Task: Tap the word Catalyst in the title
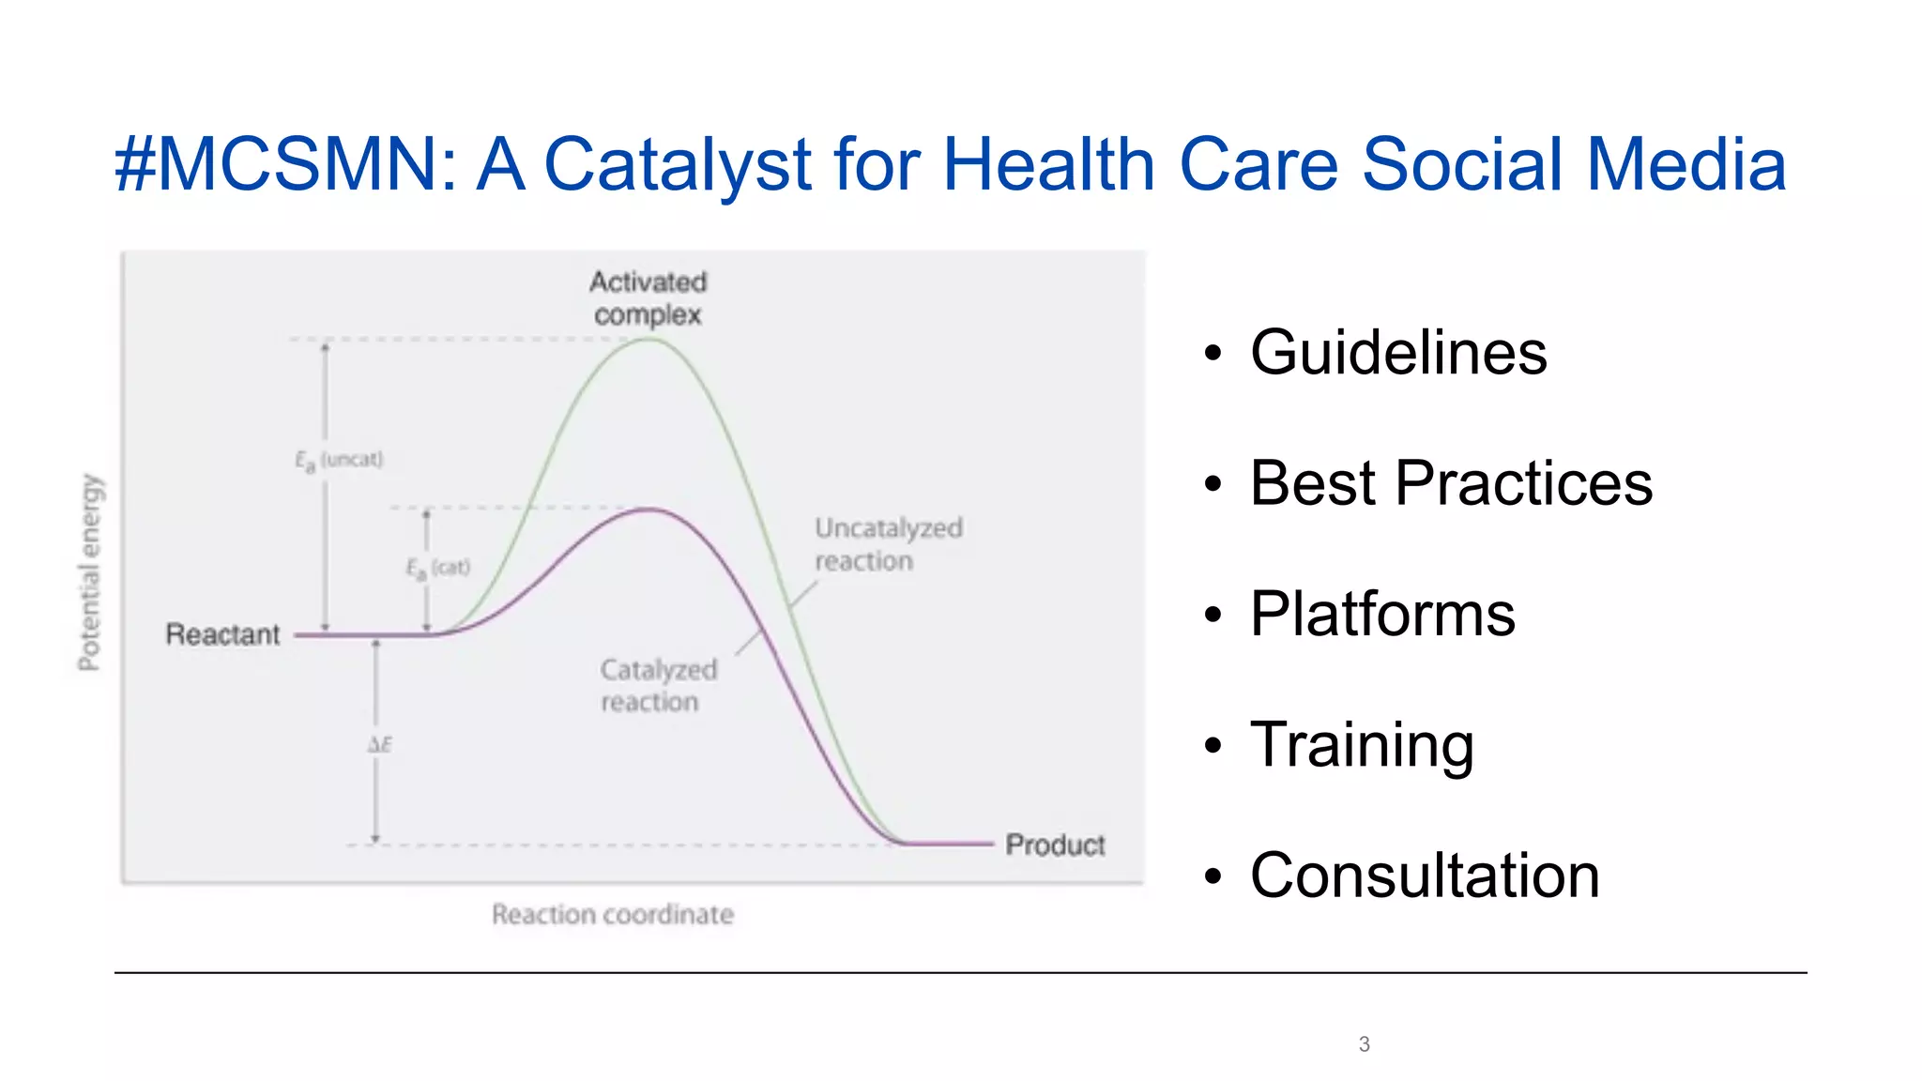[x=678, y=165]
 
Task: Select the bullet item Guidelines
[x=1397, y=353]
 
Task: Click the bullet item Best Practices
[x=1450, y=483]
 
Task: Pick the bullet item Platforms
[x=1381, y=614]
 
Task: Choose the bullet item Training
[x=1361, y=745]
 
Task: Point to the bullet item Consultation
[x=1424, y=875]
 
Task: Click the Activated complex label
[x=648, y=297]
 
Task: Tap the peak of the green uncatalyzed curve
[x=649, y=339]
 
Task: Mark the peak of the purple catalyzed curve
[x=649, y=510]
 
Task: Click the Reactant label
[x=222, y=634]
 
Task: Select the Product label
[x=1055, y=845]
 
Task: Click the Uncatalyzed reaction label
[x=888, y=544]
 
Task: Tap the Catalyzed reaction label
[x=658, y=686]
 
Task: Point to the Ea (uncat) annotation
[x=339, y=460]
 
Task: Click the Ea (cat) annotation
[x=437, y=568]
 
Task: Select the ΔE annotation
[x=379, y=745]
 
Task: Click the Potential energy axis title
[x=89, y=572]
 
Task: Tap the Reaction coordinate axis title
[x=612, y=914]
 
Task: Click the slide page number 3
[x=1364, y=1043]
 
